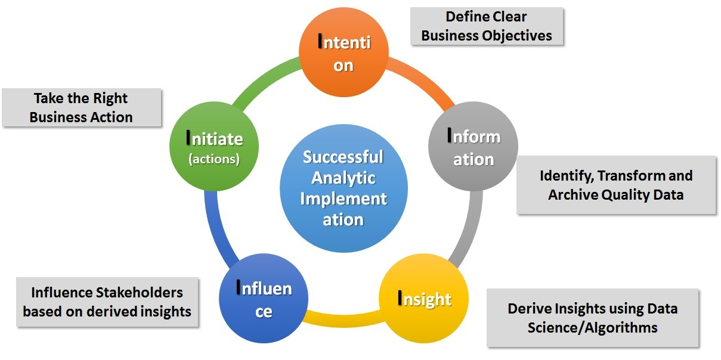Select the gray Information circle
click(474, 148)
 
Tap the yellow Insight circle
click(424, 299)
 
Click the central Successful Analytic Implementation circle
click(344, 188)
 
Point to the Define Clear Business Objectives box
click(487, 26)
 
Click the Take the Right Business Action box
click(82, 107)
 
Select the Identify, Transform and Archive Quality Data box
click(616, 185)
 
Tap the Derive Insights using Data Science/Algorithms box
click(592, 318)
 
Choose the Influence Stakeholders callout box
click(107, 302)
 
